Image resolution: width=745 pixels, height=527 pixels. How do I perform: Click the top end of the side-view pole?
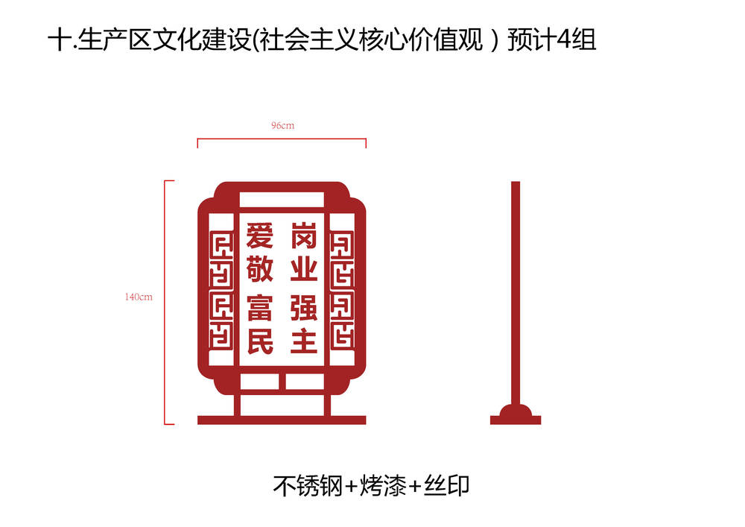click(x=516, y=182)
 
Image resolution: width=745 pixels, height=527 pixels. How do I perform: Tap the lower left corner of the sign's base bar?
click(x=197, y=424)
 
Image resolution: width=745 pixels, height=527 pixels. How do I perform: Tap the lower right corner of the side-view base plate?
click(x=541, y=424)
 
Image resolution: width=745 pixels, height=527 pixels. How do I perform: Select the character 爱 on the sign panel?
click(x=259, y=236)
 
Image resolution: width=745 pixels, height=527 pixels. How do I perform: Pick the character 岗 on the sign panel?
click(x=304, y=236)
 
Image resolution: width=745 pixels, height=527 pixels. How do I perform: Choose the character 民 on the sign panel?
click(x=260, y=341)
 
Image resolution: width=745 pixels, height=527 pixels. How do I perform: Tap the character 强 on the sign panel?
click(x=304, y=308)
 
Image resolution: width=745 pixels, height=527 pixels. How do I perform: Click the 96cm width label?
click(x=282, y=125)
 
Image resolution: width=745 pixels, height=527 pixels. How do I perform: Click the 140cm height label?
click(x=139, y=297)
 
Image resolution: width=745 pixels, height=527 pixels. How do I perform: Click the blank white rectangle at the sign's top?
click(x=282, y=200)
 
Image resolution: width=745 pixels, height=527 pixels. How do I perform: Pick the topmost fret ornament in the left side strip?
click(x=221, y=245)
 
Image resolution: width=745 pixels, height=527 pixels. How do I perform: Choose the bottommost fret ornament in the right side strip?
click(x=342, y=335)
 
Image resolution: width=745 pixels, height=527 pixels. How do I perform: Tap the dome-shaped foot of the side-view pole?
click(x=516, y=410)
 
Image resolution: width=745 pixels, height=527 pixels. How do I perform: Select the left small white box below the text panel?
click(x=259, y=382)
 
